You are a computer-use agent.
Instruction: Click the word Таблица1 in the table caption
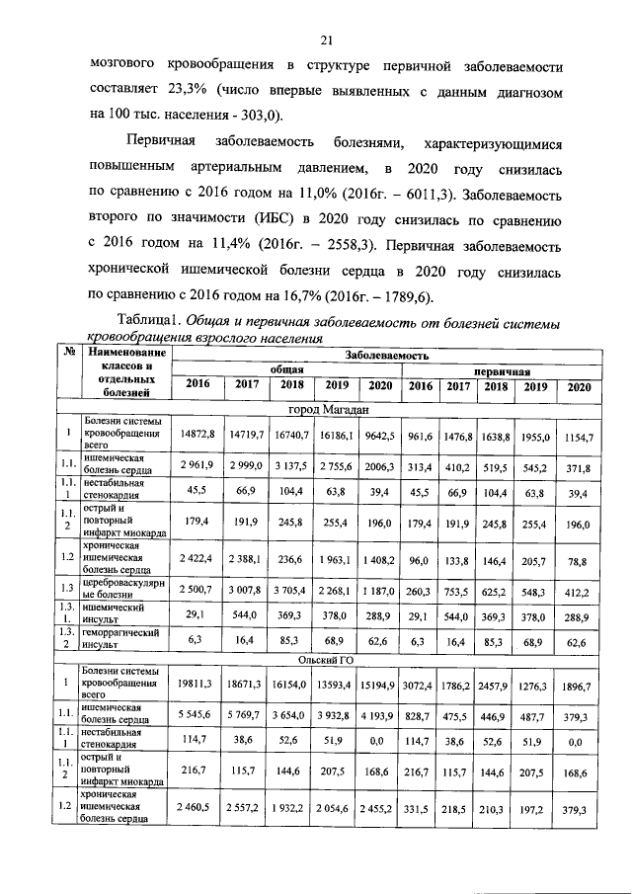(148, 322)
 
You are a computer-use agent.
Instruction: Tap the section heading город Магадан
(329, 409)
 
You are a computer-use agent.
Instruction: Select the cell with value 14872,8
(197, 434)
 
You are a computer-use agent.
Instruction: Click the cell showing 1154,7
(576, 434)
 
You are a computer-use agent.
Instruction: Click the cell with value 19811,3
(197, 684)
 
